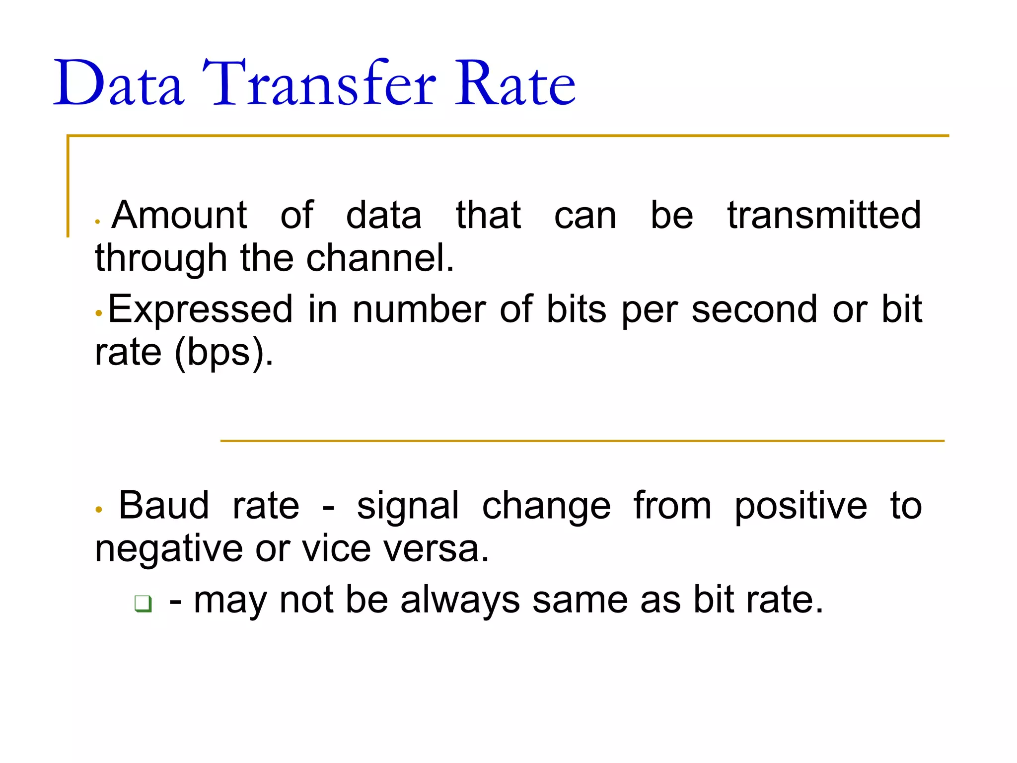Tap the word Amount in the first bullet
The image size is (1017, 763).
click(179, 216)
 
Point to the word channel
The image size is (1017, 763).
click(380, 258)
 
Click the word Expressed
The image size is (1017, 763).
click(201, 309)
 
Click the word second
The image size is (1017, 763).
click(754, 309)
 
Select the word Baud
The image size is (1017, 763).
click(164, 506)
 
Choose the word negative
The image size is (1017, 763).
click(169, 549)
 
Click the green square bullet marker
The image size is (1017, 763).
click(143, 604)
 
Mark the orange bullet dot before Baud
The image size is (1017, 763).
click(99, 510)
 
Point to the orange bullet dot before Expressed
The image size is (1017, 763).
click(99, 313)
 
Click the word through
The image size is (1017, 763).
click(161, 258)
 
